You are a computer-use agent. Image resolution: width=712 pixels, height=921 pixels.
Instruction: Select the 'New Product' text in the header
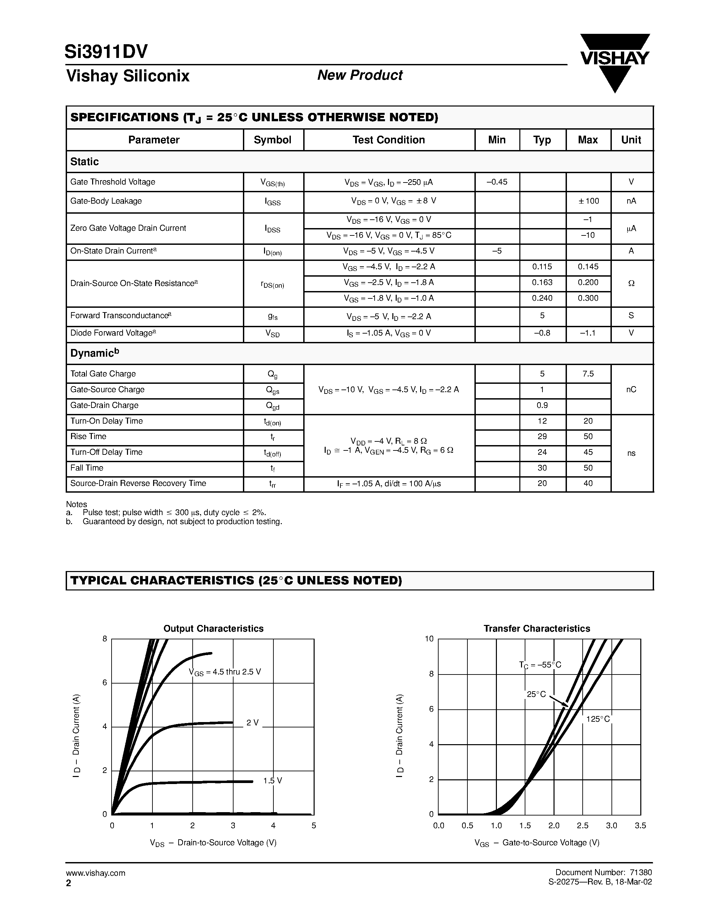click(x=360, y=75)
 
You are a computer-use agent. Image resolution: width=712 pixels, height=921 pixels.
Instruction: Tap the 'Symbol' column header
click(x=272, y=140)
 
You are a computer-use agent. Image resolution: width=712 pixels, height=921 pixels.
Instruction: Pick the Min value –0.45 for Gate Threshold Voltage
click(x=497, y=182)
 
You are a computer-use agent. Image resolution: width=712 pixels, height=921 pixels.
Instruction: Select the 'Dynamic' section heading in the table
click(x=94, y=353)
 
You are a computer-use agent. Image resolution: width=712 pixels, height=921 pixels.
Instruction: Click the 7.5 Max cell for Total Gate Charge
click(x=588, y=374)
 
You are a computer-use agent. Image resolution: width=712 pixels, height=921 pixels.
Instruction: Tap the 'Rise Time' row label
click(x=88, y=436)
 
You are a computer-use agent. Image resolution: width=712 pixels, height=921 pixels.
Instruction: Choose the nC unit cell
click(x=631, y=389)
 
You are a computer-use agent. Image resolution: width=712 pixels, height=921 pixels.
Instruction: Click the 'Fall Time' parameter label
click(x=86, y=468)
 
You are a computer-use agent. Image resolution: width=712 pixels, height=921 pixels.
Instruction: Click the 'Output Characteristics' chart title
click(x=213, y=629)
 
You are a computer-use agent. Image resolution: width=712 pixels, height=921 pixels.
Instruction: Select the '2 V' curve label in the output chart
click(x=252, y=723)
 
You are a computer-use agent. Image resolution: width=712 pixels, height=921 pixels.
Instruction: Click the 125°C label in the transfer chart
click(x=598, y=719)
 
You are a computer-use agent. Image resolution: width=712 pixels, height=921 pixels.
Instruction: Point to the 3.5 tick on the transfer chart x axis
click(x=640, y=826)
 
